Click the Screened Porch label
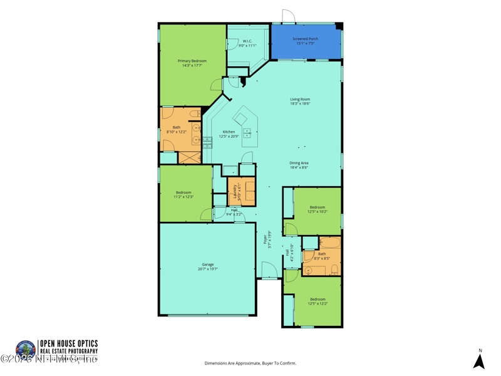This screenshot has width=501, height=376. pos(306,39)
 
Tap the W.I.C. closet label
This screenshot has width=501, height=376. pos(247,41)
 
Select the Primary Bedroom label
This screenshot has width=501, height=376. pos(192,61)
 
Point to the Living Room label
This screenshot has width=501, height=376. pos(300,99)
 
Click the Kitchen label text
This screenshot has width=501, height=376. pos(229,132)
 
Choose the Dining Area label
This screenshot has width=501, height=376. pos(299,163)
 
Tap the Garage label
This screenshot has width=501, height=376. pos(207,264)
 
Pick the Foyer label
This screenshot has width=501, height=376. pos(266,237)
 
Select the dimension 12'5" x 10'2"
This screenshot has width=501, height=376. pos(318,212)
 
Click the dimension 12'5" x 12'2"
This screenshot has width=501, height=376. pos(318,304)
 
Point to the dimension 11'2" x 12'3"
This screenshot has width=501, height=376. pos(183,197)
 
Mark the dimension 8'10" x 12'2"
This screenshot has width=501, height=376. pos(177,132)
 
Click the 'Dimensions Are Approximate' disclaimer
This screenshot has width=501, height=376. pos(250,363)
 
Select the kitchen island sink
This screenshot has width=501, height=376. pos(247,133)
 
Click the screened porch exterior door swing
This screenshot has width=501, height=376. pos(288,17)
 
